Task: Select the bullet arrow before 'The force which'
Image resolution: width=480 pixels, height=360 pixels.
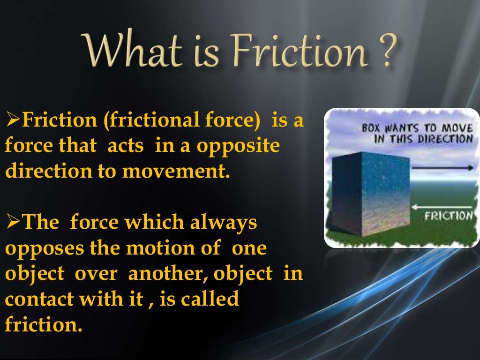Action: click(12, 222)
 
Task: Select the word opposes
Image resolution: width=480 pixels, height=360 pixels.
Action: click(37, 248)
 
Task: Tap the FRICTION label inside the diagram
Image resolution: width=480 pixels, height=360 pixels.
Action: click(449, 216)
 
